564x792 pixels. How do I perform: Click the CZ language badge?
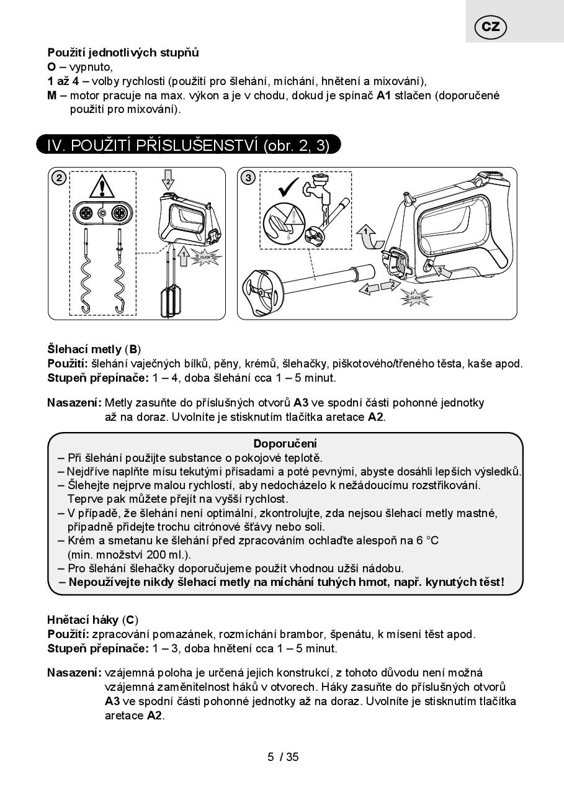(490, 27)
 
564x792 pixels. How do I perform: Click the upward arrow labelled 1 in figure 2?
(183, 256)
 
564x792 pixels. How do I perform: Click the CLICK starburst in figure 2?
(205, 256)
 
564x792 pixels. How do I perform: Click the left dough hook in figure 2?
(87, 273)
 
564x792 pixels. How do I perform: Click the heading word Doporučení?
(285, 443)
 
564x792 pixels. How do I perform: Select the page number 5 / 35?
(283, 757)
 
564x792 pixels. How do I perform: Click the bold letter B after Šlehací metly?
(133, 349)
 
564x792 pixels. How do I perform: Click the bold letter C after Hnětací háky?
(130, 619)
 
